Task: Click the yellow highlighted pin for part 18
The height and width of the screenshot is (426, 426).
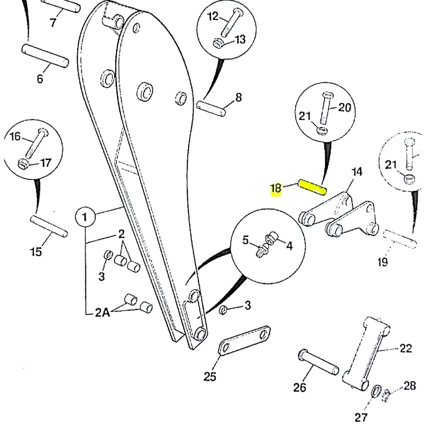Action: click(312, 187)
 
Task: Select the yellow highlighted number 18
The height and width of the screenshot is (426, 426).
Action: click(276, 189)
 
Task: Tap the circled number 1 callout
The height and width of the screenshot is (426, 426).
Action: click(85, 217)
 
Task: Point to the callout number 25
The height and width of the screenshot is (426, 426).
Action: click(209, 377)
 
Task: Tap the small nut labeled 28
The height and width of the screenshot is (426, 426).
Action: click(386, 395)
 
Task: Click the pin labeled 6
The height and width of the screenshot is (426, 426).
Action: click(45, 55)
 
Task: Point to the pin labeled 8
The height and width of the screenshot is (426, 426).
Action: click(211, 108)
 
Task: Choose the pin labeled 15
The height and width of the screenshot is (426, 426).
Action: click(49, 226)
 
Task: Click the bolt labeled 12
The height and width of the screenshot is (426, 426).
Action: click(231, 23)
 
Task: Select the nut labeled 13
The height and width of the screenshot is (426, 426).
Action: click(219, 43)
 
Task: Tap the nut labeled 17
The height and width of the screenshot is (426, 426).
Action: click(23, 164)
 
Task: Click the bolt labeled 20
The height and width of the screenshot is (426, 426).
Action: click(326, 109)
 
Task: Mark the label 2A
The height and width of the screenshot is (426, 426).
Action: click(102, 313)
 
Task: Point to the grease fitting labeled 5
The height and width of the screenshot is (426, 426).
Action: click(263, 251)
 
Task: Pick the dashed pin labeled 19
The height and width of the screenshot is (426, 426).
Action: click(400, 239)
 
